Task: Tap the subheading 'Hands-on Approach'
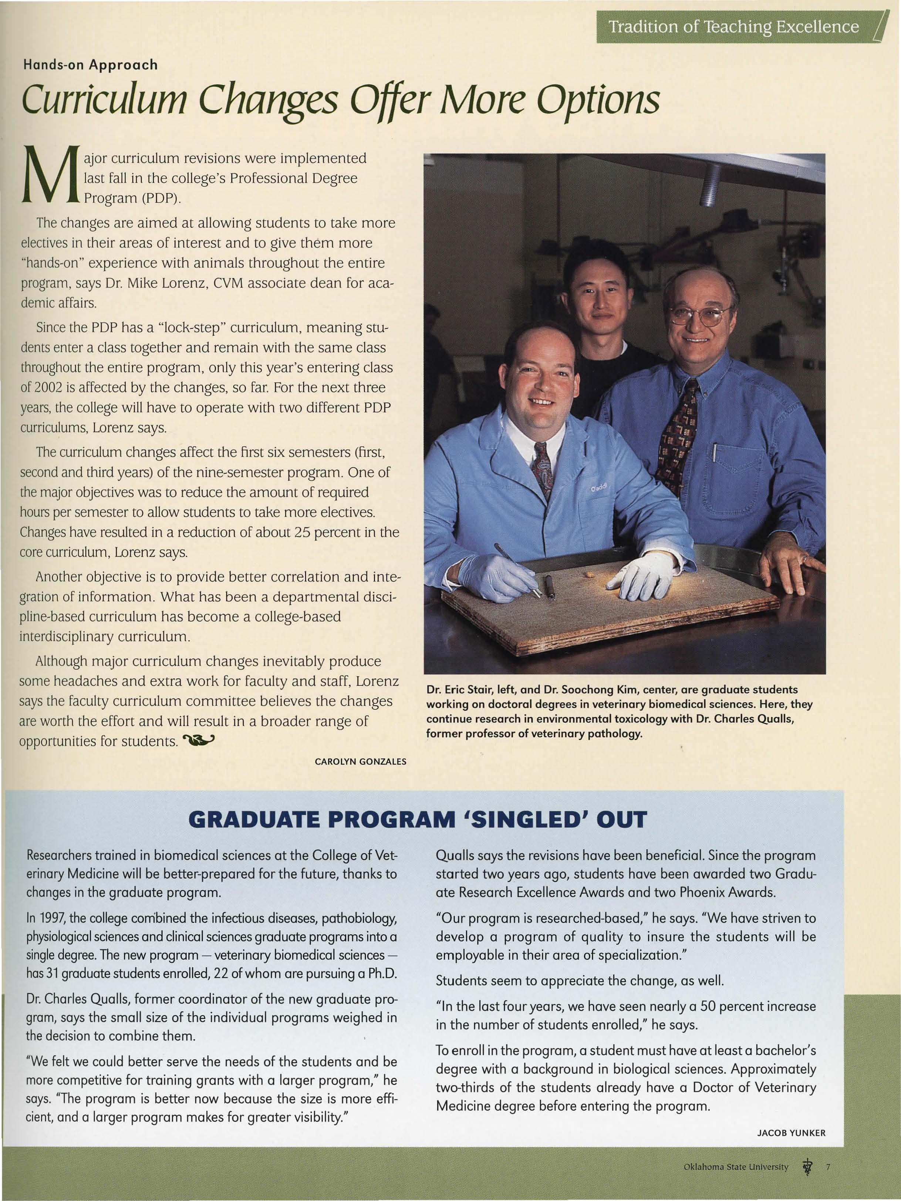[90, 65]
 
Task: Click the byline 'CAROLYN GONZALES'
[360, 761]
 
